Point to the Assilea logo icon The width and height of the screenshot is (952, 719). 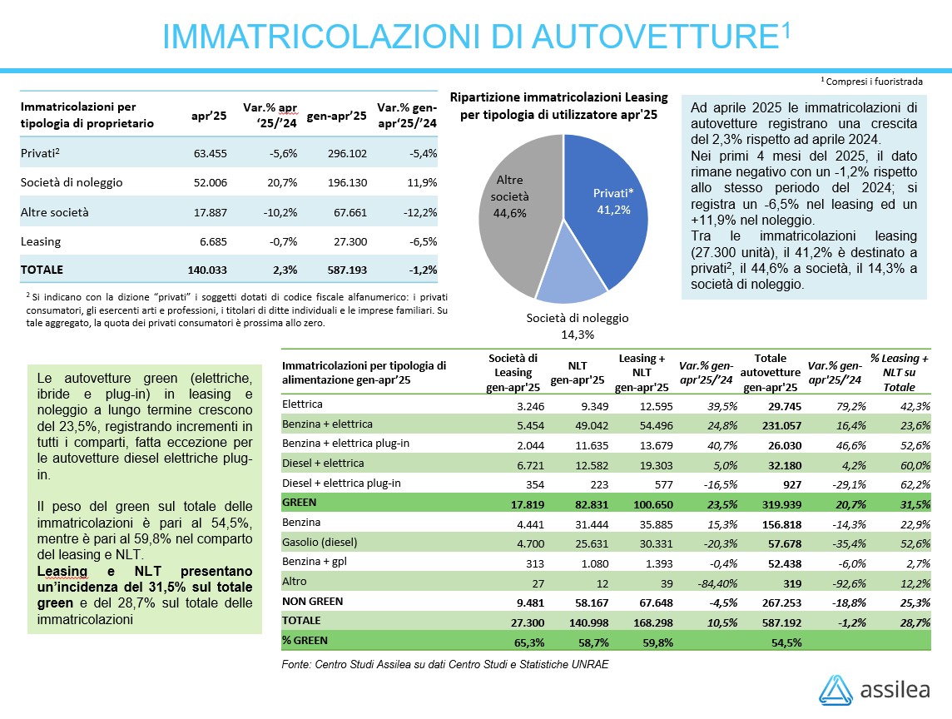tap(835, 690)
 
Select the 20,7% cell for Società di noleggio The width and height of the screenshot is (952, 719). tap(280, 182)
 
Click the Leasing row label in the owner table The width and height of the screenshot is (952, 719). tap(41, 241)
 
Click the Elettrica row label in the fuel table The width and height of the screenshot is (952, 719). tap(302, 404)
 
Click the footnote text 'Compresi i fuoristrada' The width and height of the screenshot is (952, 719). tap(875, 82)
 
